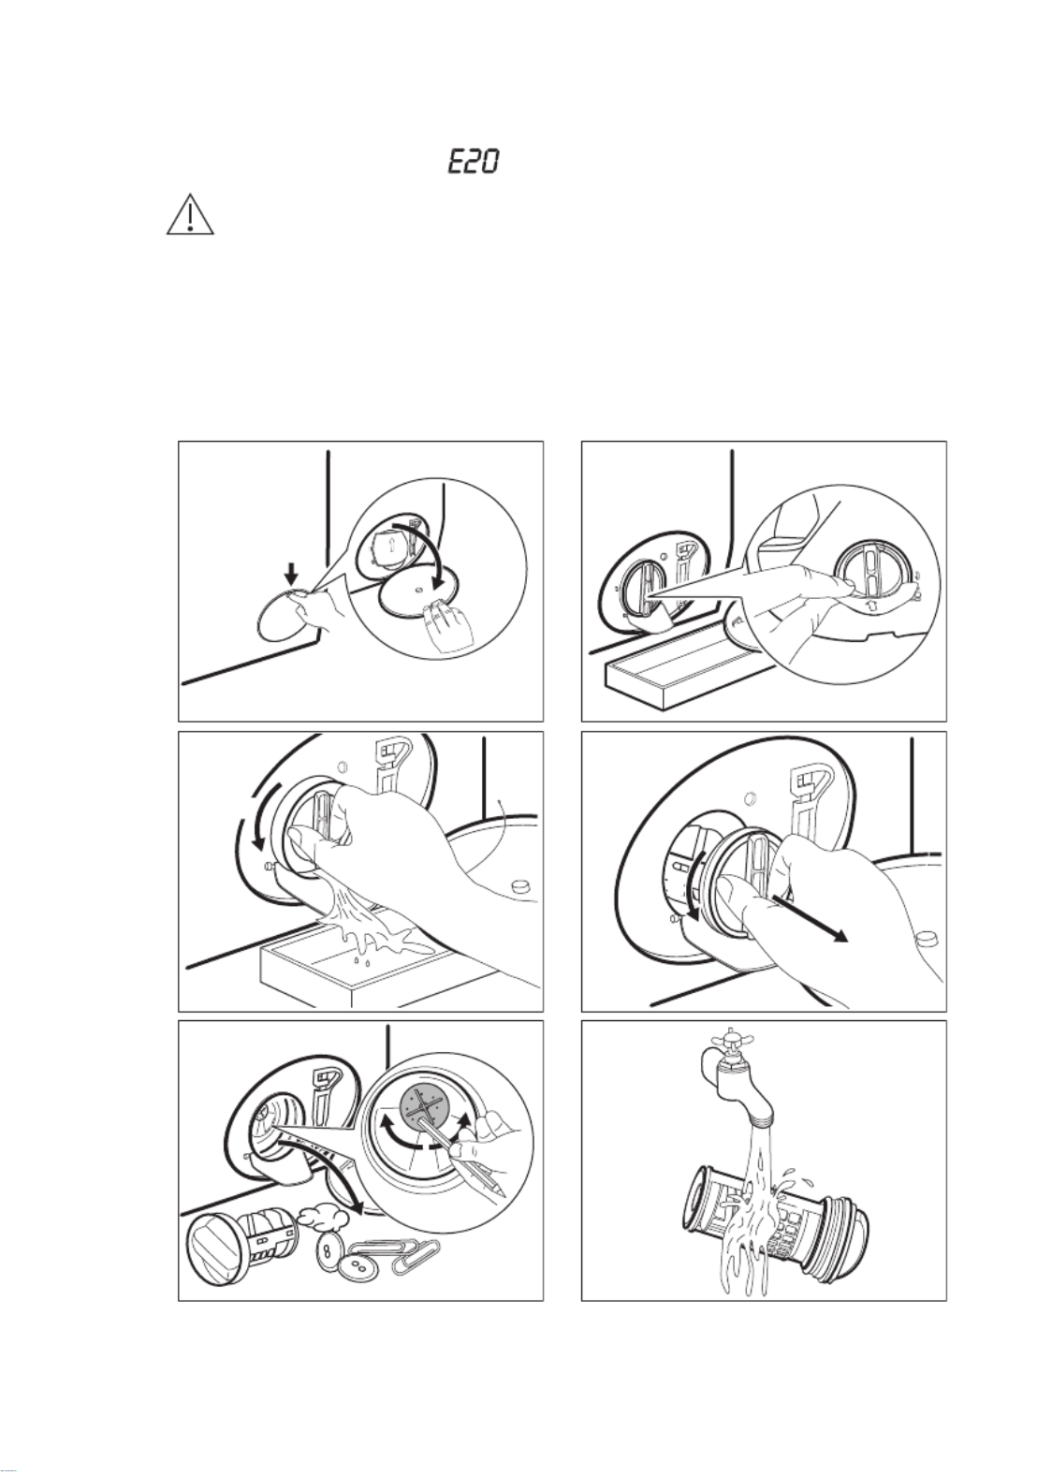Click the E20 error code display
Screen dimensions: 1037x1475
(x=472, y=162)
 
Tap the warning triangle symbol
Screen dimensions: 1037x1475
(x=190, y=214)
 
